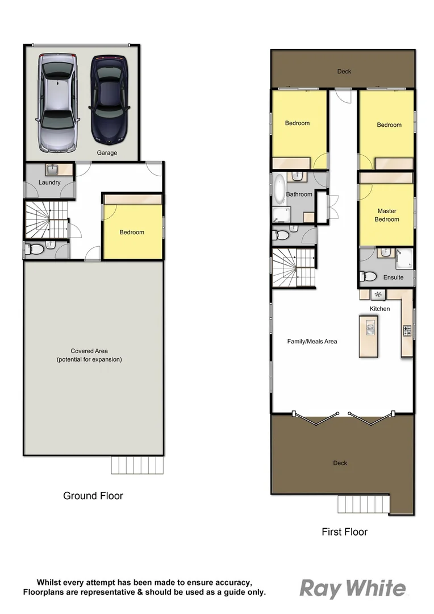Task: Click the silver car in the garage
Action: click(x=57, y=103)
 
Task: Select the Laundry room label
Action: click(x=49, y=182)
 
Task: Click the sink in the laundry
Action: click(x=52, y=169)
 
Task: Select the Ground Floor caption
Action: click(x=93, y=496)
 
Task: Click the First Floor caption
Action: click(x=344, y=532)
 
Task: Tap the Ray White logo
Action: click(x=352, y=589)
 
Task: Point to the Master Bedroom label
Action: click(x=387, y=215)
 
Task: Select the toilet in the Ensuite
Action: click(x=369, y=277)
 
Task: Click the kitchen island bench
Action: click(x=368, y=336)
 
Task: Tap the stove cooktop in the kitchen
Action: click(x=407, y=330)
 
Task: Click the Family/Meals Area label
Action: click(x=312, y=341)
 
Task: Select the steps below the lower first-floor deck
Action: click(x=364, y=504)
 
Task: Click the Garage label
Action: click(x=107, y=153)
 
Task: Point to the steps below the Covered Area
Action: click(x=137, y=465)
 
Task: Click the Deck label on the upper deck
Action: click(x=344, y=72)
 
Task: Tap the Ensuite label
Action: click(x=393, y=277)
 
